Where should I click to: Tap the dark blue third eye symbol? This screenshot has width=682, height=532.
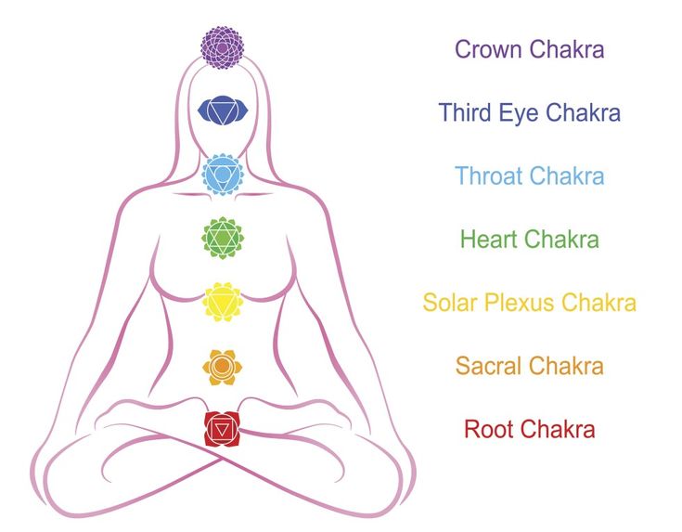tap(223, 110)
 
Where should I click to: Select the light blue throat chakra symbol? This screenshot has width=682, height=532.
tap(223, 174)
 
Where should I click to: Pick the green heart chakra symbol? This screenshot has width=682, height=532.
tap(223, 239)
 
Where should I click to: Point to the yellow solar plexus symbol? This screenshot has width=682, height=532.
tap(223, 303)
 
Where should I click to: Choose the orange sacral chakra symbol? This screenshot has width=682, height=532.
tap(223, 367)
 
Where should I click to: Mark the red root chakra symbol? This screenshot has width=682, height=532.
tap(223, 428)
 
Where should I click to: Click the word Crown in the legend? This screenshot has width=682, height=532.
tap(489, 49)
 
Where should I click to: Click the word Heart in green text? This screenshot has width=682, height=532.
tap(489, 240)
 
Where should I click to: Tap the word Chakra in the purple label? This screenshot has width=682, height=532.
tap(567, 49)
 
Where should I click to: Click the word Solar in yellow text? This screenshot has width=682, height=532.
tap(449, 303)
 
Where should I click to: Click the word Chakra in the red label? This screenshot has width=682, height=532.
tap(557, 429)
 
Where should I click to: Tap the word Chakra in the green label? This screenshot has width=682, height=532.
tap(561, 240)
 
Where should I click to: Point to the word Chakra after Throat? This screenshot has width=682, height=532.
tap(567, 175)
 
